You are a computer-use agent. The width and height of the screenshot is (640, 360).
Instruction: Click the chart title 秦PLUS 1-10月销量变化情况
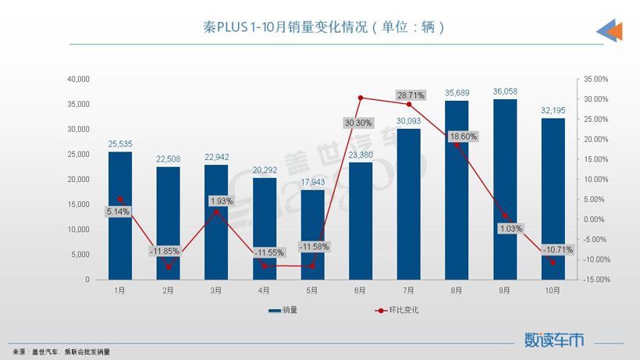click(322, 27)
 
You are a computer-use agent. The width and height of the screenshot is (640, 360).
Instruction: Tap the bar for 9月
click(505, 189)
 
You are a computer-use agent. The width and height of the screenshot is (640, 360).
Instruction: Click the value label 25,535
click(119, 144)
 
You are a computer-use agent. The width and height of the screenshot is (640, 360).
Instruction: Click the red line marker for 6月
click(361, 98)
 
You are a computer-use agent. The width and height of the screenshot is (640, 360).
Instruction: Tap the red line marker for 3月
click(216, 212)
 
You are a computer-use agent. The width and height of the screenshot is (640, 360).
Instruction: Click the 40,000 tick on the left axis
click(79, 79)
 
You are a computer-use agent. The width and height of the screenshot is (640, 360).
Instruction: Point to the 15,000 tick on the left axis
click(79, 204)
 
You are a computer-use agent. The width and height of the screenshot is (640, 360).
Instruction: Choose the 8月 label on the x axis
click(457, 290)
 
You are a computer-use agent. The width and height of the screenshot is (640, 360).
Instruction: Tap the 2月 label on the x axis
click(168, 290)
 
